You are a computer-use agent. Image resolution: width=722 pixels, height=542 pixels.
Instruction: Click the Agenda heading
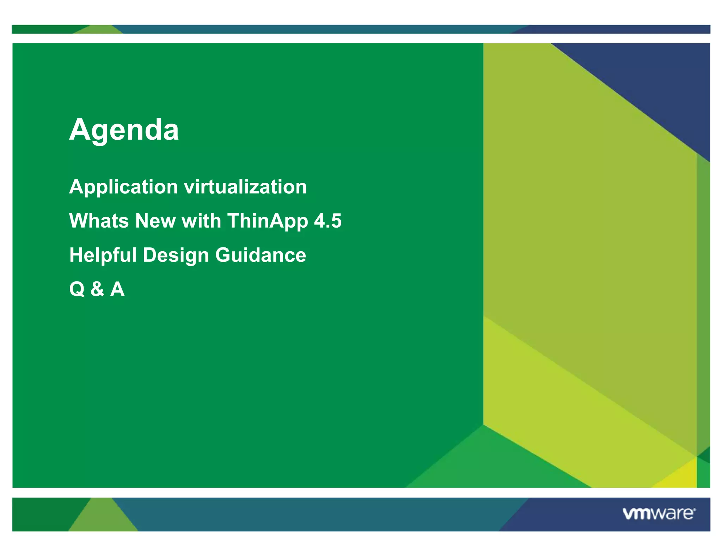tap(124, 130)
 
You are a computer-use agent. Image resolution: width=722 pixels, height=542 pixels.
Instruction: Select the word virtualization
tap(245, 187)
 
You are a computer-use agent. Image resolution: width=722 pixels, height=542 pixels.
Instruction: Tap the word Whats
tap(99, 221)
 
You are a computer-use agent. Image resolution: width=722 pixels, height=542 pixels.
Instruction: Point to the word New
tap(155, 221)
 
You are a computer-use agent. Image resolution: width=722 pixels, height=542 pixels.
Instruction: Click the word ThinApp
tap(268, 221)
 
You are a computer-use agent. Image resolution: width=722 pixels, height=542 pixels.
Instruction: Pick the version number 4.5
tap(328, 221)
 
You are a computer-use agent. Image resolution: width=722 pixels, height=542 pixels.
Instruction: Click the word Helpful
tap(103, 255)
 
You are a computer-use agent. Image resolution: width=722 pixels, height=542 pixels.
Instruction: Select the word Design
tap(176, 255)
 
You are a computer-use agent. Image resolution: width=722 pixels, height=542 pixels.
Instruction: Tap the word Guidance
tap(261, 255)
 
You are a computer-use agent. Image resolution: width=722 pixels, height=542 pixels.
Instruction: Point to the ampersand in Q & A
tap(97, 289)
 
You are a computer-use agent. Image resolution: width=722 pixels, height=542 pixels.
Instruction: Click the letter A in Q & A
tap(117, 289)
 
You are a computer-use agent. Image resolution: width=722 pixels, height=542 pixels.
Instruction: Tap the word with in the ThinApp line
tap(201, 221)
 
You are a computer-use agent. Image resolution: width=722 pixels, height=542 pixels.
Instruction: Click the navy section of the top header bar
tap(617, 29)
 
